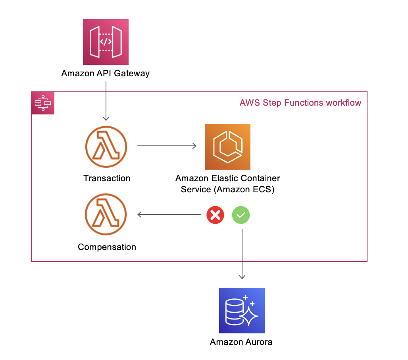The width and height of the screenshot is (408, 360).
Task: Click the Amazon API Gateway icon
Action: (x=106, y=42)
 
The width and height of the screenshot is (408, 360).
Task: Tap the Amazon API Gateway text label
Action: (x=106, y=74)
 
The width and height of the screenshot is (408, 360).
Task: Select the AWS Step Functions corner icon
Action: (x=43, y=103)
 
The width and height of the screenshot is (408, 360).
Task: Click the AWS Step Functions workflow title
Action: (x=300, y=103)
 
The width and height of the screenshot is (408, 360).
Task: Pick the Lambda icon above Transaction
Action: (x=106, y=146)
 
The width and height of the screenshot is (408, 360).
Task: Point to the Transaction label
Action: (x=107, y=178)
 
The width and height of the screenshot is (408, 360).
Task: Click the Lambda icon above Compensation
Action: (x=106, y=215)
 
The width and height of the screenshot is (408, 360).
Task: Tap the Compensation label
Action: (x=107, y=247)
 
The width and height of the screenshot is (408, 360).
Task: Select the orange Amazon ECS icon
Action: (x=227, y=147)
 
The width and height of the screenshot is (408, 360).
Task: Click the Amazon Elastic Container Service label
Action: (x=227, y=184)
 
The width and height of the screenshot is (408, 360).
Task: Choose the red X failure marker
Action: (x=215, y=215)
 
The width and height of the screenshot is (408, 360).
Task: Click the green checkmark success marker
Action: (x=241, y=215)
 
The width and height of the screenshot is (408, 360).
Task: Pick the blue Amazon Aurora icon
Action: (x=242, y=310)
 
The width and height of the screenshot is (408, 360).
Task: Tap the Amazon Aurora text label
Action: (x=241, y=342)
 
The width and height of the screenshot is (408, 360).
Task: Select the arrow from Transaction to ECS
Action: (x=167, y=146)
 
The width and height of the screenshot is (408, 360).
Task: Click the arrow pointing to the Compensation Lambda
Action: (x=169, y=215)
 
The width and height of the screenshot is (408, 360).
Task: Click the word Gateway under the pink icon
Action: (x=133, y=74)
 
